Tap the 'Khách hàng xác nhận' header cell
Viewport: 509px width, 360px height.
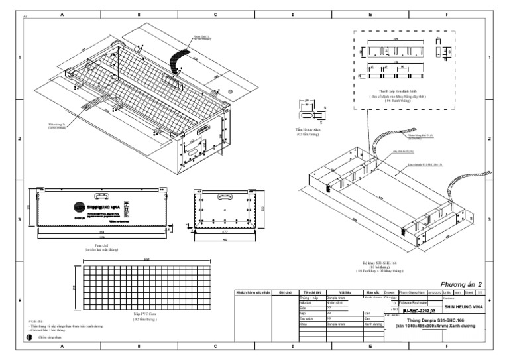click(253, 292)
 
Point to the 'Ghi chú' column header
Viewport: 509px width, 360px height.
click(286, 292)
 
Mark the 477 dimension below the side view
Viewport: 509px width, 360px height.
click(225, 233)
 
